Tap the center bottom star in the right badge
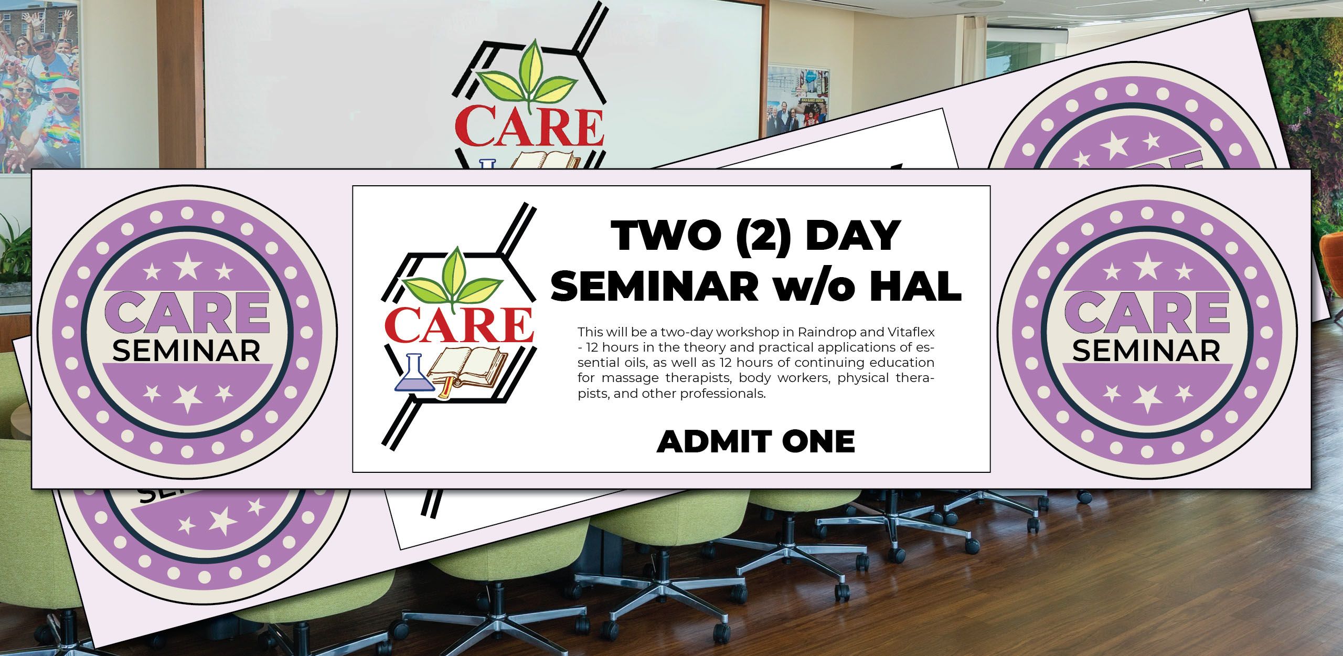point(1147,398)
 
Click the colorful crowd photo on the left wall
point(39,84)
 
